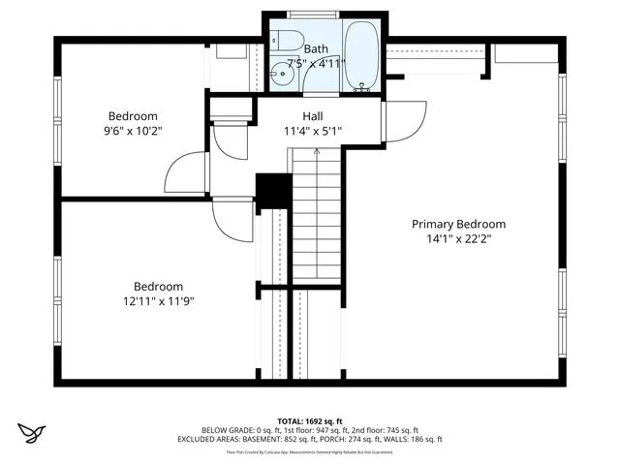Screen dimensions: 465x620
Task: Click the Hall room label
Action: point(312,116)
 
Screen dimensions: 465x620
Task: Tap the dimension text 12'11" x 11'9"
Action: point(158,301)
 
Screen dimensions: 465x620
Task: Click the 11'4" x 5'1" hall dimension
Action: point(312,131)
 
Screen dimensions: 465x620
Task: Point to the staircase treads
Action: point(316,213)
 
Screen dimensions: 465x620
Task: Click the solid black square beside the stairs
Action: point(272,190)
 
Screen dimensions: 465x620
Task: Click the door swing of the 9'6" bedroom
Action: point(184,175)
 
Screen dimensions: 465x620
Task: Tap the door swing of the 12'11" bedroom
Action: point(232,222)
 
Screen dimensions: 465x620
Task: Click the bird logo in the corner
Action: point(34,431)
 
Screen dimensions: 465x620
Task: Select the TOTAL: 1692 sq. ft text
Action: point(309,421)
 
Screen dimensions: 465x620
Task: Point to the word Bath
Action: point(316,48)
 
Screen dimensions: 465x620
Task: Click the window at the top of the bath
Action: point(313,15)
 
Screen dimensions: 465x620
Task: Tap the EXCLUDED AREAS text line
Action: point(309,439)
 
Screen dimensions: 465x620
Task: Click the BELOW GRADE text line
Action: point(309,430)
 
